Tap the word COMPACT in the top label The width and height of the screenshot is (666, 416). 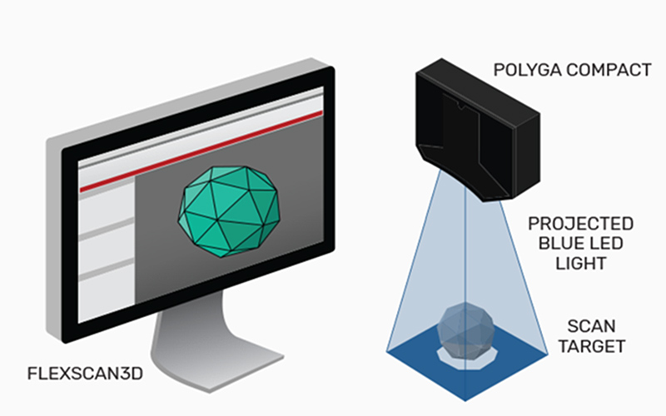(605, 69)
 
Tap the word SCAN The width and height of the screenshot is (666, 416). (581, 325)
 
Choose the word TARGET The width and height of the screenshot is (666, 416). (581, 345)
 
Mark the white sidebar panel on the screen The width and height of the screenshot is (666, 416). (106, 250)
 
